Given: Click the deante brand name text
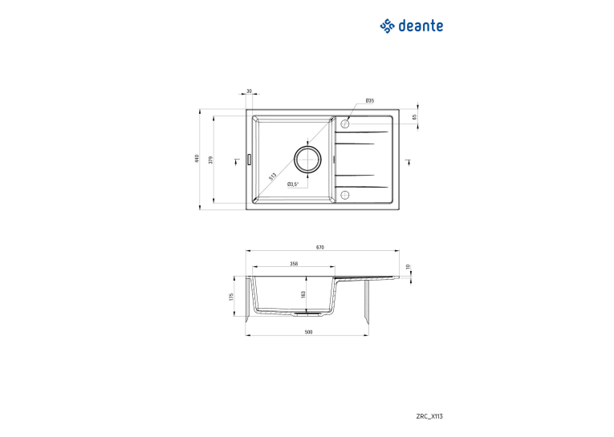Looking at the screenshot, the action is click(x=421, y=26).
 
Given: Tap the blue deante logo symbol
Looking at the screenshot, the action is click(x=388, y=26).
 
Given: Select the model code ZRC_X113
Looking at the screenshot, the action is click(x=429, y=416).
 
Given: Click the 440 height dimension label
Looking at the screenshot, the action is click(x=197, y=159).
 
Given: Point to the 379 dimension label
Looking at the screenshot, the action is click(x=210, y=160).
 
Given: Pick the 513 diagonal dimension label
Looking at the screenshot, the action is click(x=273, y=176).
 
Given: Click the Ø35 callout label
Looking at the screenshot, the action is click(x=370, y=100).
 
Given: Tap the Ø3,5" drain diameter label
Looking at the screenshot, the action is click(x=293, y=184).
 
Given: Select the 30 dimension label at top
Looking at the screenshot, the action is click(x=249, y=91).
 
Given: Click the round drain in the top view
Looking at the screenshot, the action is click(x=307, y=160).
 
